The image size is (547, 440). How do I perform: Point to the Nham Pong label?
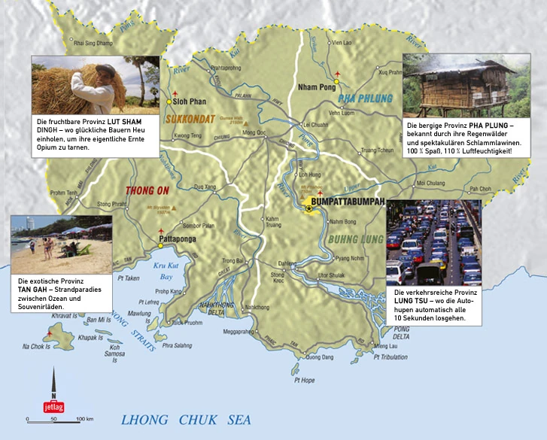pyautogui.click(x=315, y=86)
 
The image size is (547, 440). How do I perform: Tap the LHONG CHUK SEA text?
pyautogui.click(x=197, y=419)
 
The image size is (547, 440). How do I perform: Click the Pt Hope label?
pyautogui.click(x=304, y=381)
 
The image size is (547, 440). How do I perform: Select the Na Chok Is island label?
pyautogui.click(x=36, y=347)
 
